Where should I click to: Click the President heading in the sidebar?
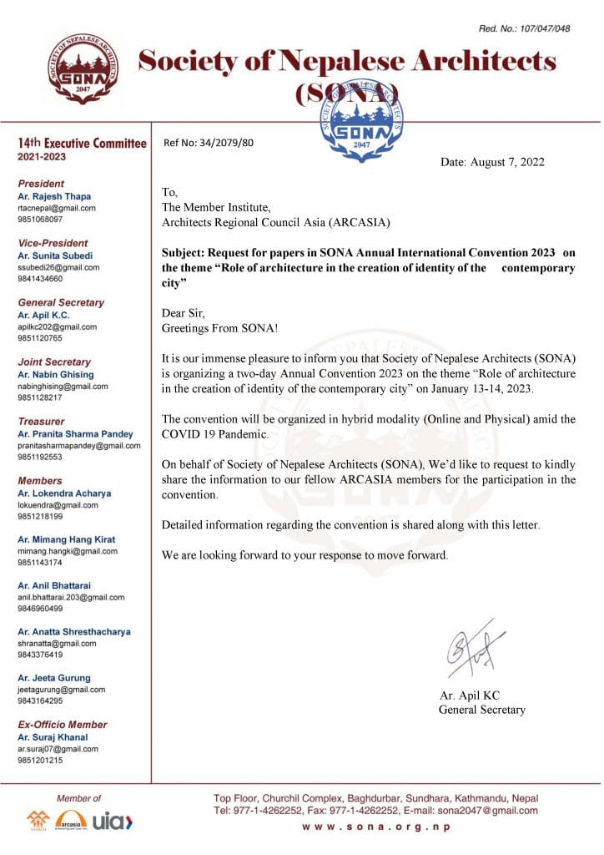(41, 184)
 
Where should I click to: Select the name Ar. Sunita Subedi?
(55, 255)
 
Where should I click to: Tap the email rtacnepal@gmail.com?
(57, 208)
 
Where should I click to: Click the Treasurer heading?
(41, 422)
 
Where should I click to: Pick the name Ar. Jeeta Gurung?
(54, 678)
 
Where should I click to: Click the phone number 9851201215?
(40, 761)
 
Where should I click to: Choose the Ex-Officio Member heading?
(63, 725)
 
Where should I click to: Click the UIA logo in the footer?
(113, 822)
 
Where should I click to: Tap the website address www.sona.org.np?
(375, 827)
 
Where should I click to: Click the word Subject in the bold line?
(183, 253)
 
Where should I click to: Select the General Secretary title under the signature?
(482, 710)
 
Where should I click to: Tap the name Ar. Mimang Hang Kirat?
(66, 539)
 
